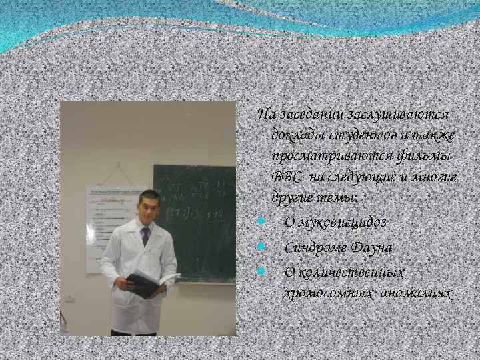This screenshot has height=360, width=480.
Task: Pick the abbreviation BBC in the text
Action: (285, 177)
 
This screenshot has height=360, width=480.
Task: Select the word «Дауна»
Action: (371, 247)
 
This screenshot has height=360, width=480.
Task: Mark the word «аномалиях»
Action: (413, 293)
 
